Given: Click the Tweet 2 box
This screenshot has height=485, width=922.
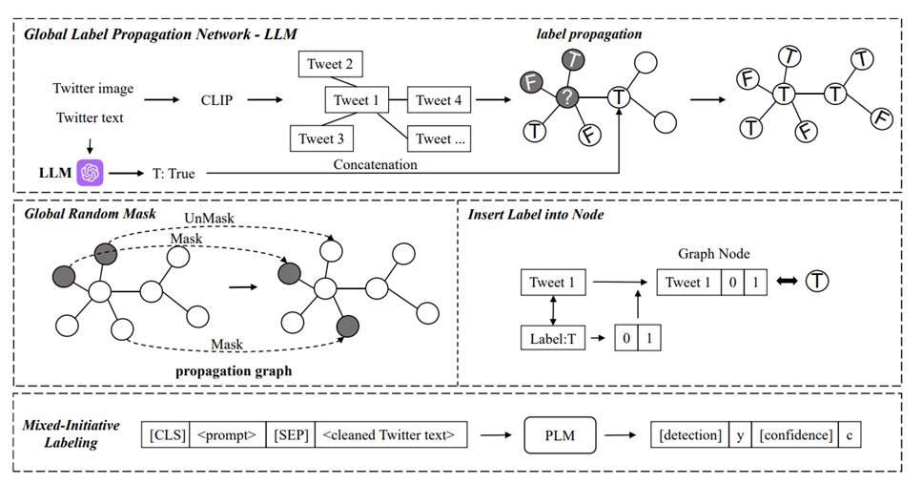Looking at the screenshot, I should tap(330, 64).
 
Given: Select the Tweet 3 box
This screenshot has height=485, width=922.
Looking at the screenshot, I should tap(321, 138).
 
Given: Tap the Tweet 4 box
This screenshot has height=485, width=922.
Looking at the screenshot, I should tap(440, 99).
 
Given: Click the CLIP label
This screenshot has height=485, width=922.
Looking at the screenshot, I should tap(217, 98).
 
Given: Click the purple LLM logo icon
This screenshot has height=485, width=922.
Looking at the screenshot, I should tap(92, 172).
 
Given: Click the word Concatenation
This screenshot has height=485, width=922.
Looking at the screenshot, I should tap(375, 164).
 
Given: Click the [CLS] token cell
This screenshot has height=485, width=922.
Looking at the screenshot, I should tap(166, 435).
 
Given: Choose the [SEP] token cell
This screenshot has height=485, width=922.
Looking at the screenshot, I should tap(289, 435).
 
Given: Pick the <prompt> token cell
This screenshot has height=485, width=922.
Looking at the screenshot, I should tap(228, 435).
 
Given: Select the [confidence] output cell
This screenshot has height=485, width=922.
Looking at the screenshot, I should tap(796, 435).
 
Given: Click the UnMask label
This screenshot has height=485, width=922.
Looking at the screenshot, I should tap(210, 219).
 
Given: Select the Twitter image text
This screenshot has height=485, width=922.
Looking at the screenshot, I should tap(93, 89).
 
